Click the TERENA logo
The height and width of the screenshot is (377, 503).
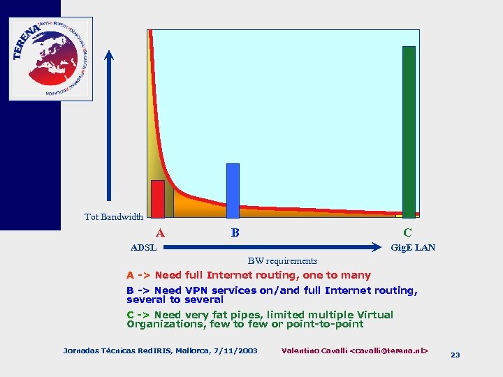point(50,58)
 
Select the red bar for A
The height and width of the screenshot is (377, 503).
point(158,199)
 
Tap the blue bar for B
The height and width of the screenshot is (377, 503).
point(233,190)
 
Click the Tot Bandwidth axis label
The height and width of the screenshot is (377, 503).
point(114,217)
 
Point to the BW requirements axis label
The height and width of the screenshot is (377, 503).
point(282,261)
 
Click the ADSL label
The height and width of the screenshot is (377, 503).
point(144,248)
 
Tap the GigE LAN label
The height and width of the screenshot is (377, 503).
point(413,248)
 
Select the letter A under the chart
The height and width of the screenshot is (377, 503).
point(161,233)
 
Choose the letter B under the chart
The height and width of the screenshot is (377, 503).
point(235,232)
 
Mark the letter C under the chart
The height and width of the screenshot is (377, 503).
point(407,232)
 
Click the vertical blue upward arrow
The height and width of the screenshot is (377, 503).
point(109,126)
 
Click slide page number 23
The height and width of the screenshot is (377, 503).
point(455,355)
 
